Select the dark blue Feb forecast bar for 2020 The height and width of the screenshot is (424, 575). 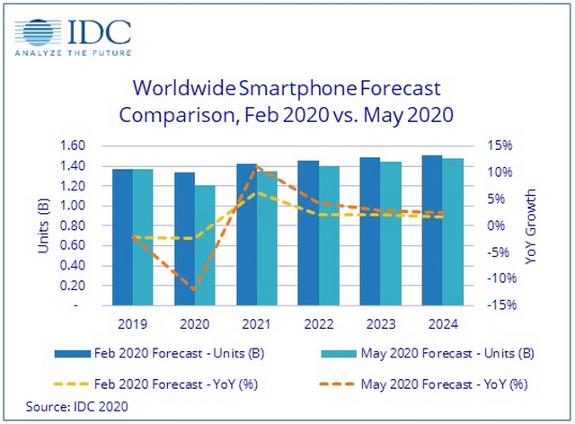tap(184, 239)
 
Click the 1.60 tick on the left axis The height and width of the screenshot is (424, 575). tap(72, 146)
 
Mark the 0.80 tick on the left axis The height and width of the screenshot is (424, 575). tap(72, 225)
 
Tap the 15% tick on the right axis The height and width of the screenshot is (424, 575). tap(500, 146)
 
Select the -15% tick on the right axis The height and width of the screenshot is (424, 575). tap(499, 305)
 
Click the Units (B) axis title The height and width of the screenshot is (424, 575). tap(44, 225)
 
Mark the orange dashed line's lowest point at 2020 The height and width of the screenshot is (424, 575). tap(195, 290)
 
